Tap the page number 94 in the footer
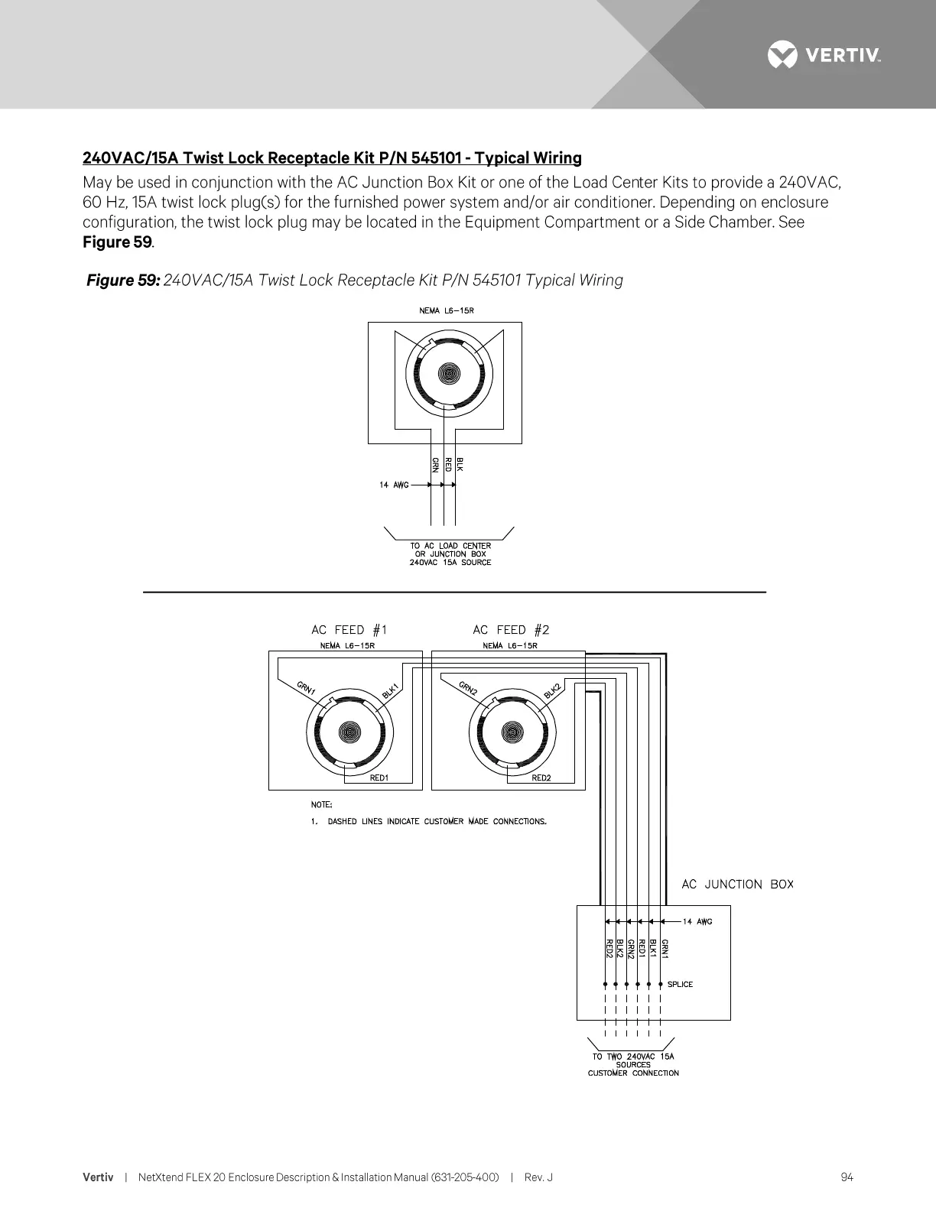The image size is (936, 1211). pyautogui.click(x=847, y=1177)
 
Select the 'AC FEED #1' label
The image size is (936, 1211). pyautogui.click(x=349, y=630)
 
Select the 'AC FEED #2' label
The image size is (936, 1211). pyautogui.click(x=511, y=630)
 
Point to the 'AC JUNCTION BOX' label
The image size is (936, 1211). pyautogui.click(x=737, y=885)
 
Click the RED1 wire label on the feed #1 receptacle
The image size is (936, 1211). pyautogui.click(x=379, y=778)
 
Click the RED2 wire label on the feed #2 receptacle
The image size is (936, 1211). pyautogui.click(x=541, y=778)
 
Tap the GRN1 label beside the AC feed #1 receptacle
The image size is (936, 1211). pyautogui.click(x=307, y=687)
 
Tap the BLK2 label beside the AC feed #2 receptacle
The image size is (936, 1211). pyautogui.click(x=553, y=690)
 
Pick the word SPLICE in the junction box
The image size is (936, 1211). pyautogui.click(x=680, y=985)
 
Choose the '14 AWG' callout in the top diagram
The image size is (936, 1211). pyautogui.click(x=394, y=485)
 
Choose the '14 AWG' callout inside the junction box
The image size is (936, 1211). pyautogui.click(x=697, y=921)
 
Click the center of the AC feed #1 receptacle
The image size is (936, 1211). pyautogui.click(x=349, y=732)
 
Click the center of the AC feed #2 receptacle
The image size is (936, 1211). pyautogui.click(x=512, y=732)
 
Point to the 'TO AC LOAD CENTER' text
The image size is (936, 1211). pyautogui.click(x=450, y=546)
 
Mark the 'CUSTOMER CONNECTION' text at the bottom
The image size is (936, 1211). pyautogui.click(x=633, y=1073)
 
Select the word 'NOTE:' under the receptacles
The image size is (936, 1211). pyautogui.click(x=321, y=805)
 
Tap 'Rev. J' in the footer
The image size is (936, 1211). pyautogui.click(x=538, y=1177)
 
